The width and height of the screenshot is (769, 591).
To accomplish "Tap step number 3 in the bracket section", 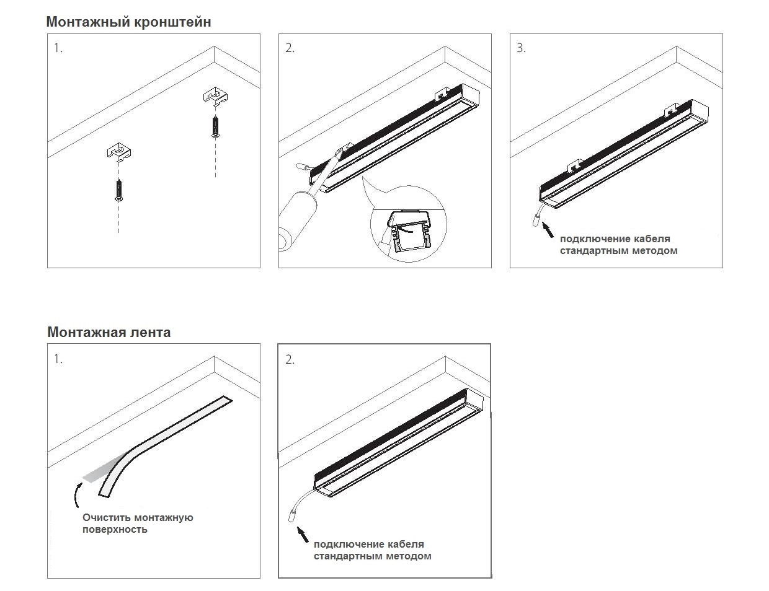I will click(521, 48).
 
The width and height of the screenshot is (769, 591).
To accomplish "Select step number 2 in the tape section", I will click(290, 359).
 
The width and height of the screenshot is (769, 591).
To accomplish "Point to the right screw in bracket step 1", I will click(215, 126).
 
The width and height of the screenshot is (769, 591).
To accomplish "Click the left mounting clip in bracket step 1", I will click(119, 152).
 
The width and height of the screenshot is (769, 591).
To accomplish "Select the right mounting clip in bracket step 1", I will click(216, 96).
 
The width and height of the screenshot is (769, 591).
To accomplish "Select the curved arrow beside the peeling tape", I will click(76, 495).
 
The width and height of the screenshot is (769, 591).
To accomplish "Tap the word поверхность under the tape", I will click(115, 530).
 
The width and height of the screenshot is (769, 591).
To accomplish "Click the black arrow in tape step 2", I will click(303, 534).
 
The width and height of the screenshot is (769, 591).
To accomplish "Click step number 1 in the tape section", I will click(58, 359).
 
